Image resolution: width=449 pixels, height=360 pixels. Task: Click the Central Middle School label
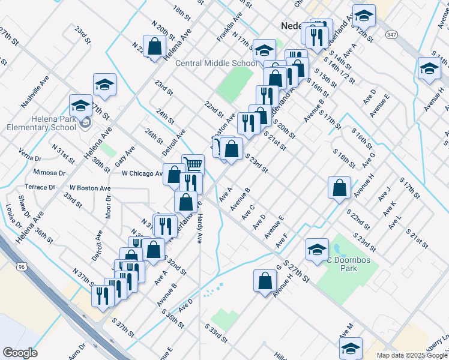(216, 63)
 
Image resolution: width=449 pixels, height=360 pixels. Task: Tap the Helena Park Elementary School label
(41, 123)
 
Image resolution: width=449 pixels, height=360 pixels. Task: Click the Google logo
(19, 353)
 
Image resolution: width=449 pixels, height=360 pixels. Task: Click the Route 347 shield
(391, 35)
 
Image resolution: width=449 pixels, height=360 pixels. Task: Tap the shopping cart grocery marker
(193, 164)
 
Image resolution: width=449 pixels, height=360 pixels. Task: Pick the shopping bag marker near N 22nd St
(154, 46)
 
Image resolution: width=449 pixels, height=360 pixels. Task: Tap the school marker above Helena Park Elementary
(104, 84)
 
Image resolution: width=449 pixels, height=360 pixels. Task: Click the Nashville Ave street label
(35, 92)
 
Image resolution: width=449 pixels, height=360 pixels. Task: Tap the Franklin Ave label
(229, 29)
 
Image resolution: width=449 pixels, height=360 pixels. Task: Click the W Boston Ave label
(90, 188)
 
